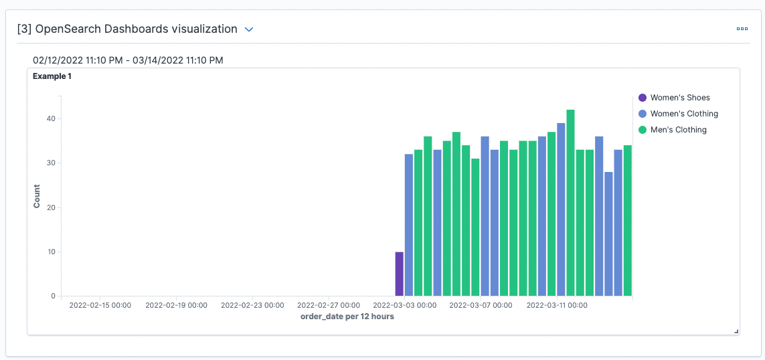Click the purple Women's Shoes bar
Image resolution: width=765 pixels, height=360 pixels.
(x=399, y=274)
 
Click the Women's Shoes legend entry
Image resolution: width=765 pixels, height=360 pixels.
(x=679, y=98)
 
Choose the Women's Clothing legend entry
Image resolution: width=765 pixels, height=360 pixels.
(x=683, y=114)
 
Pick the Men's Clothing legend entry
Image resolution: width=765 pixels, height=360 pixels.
(x=678, y=130)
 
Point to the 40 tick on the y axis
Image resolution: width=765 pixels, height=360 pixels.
(x=50, y=119)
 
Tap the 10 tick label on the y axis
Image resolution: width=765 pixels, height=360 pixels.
(x=50, y=252)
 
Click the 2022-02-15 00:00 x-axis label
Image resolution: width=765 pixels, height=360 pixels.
(x=100, y=305)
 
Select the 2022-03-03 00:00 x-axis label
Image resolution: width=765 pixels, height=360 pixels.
(x=405, y=305)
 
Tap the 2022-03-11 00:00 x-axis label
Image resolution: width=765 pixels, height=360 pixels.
(x=557, y=305)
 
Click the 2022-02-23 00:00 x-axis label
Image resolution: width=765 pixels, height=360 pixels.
(x=252, y=305)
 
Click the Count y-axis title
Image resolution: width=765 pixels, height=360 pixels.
(x=37, y=196)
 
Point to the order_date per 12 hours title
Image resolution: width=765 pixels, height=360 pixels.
(x=347, y=317)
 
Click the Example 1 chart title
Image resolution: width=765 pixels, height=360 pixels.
(x=52, y=76)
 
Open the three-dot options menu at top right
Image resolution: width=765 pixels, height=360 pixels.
(x=742, y=29)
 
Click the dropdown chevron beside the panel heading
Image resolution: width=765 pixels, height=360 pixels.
(x=249, y=29)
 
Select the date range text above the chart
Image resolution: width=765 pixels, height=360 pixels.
(x=128, y=60)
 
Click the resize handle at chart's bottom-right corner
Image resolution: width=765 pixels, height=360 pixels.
(x=736, y=331)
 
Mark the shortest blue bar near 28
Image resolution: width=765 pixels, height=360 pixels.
(x=608, y=234)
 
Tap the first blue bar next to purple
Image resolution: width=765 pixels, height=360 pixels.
(x=408, y=225)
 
